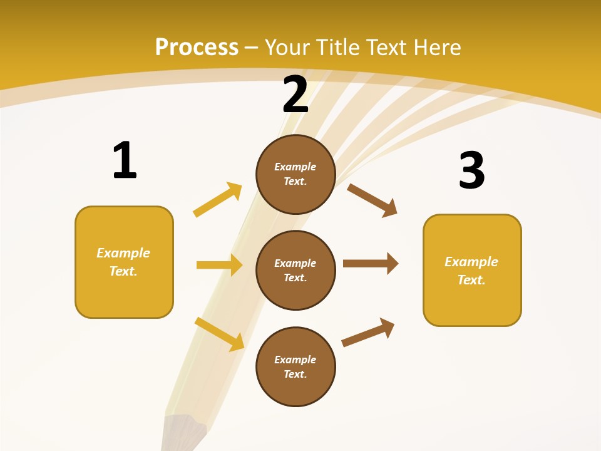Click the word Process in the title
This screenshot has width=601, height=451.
click(x=197, y=48)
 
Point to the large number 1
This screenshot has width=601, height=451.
click(x=125, y=161)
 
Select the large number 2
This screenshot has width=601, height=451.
click(x=295, y=95)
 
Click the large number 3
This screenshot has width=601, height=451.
click(x=471, y=171)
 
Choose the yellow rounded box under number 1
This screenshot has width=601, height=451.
click(x=124, y=262)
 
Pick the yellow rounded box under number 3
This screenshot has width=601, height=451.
click(x=472, y=270)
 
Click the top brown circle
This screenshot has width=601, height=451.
click(x=295, y=174)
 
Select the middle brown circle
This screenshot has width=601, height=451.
click(x=295, y=270)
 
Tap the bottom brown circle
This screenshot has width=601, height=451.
click(x=295, y=366)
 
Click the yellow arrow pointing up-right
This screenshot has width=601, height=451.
click(x=218, y=200)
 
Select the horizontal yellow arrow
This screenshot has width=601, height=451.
click(x=219, y=265)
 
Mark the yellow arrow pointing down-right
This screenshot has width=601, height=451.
click(x=220, y=334)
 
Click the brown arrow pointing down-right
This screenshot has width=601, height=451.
click(x=372, y=200)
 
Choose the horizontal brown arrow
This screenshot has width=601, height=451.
click(x=371, y=263)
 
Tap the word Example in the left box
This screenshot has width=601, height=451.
click(x=123, y=253)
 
